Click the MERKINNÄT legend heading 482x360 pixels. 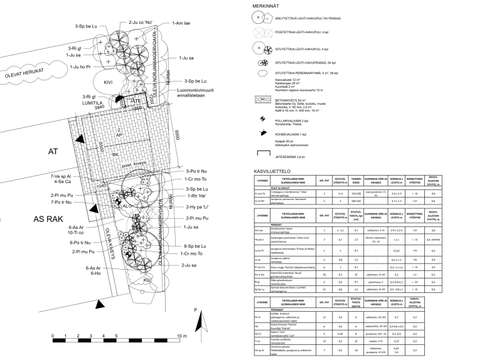tap(265, 6)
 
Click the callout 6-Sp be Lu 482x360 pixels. tap(195, 246)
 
